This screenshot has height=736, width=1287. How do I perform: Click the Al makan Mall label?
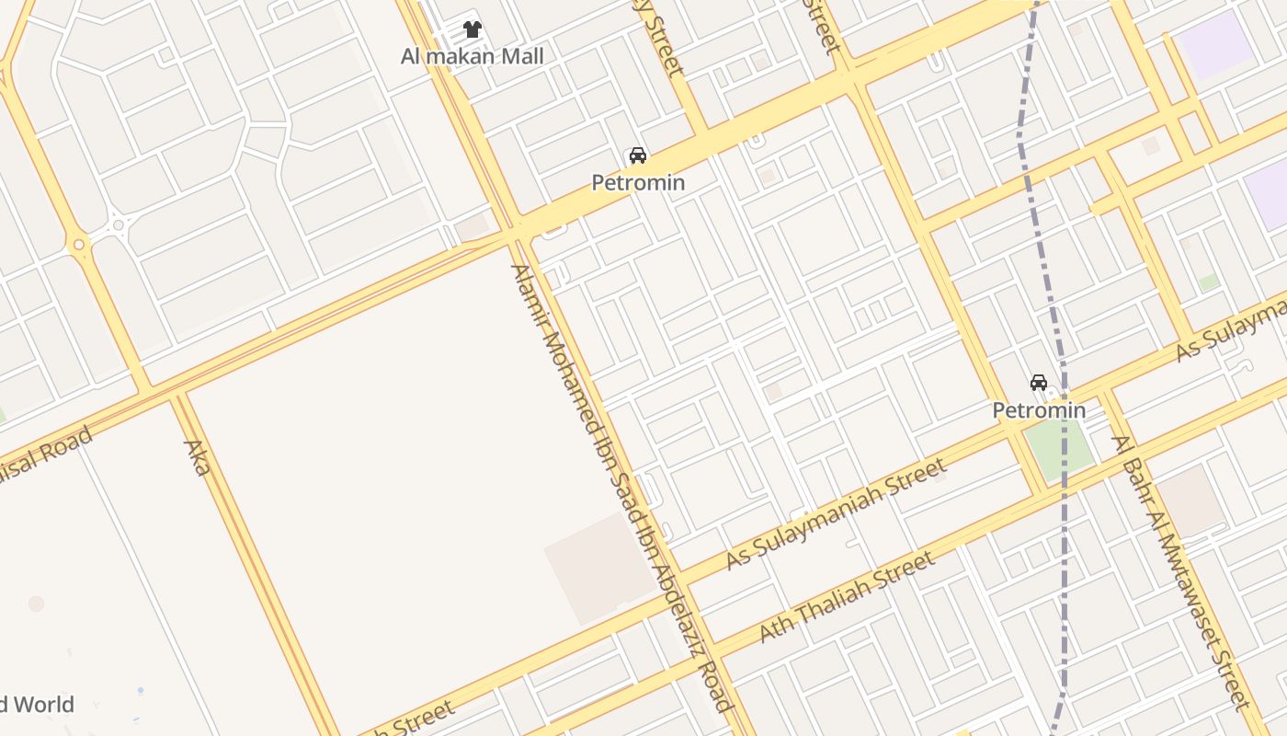(472, 56)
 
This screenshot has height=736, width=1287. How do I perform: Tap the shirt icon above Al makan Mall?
(473, 29)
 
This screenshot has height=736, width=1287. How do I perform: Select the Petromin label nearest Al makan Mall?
(637, 182)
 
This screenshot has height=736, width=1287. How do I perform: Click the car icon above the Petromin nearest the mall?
(637, 155)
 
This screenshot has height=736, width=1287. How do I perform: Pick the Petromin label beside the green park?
(1039, 410)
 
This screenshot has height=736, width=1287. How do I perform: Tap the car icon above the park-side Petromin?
(1039, 383)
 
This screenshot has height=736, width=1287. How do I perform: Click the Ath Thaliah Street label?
(846, 596)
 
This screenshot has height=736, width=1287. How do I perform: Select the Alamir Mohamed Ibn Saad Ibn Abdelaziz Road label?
(621, 488)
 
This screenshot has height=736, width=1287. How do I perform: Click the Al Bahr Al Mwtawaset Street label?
(1181, 570)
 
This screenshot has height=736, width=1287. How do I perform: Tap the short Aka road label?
(197, 457)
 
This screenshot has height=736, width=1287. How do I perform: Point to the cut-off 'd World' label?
(37, 705)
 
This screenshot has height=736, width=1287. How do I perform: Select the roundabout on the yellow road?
(79, 244)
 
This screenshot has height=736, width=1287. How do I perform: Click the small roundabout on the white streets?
(119, 224)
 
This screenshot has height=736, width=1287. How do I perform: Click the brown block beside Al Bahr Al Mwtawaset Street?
(1190, 500)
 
